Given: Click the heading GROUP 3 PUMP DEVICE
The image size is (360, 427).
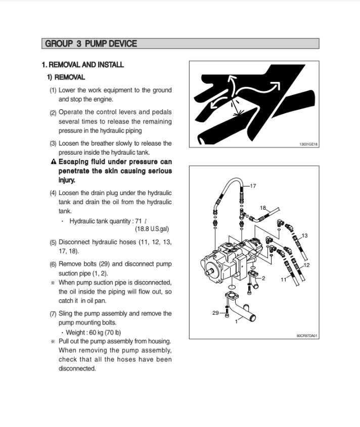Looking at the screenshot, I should pos(91,44).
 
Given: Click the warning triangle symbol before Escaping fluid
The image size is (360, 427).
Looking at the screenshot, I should pos(54,162).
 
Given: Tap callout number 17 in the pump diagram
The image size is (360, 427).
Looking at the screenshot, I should pos(253,186).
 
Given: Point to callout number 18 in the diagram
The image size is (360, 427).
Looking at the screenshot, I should pos(263,208).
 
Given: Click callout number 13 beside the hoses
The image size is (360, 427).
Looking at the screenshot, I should pos(304,235).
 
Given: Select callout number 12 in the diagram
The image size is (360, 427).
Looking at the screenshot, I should pos(306,265).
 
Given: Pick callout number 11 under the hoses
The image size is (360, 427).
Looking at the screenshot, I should pos(283,278).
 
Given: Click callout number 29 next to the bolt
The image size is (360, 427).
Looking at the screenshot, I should pos(216,313).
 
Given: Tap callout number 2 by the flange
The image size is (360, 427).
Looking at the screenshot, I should pos(263,278).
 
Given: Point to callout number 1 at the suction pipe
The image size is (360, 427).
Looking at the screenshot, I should pos(236,321).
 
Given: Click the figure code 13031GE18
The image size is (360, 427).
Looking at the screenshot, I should pos(308,144).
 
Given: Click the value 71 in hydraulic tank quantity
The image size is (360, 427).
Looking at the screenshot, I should pos(139,221).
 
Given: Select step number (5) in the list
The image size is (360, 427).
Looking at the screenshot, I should pos(53,243).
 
